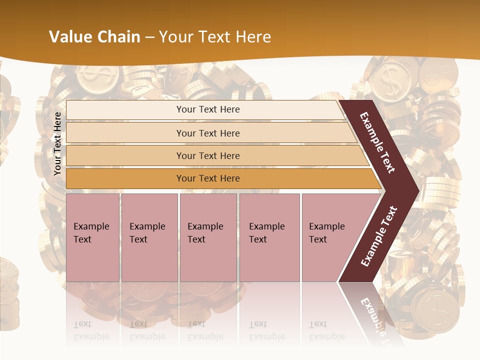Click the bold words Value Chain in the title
[x=94, y=37]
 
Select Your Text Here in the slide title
[x=215, y=37]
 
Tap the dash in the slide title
[x=149, y=37]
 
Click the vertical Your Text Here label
[x=57, y=143]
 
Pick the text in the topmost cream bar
[x=208, y=109]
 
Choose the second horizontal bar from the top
[x=208, y=133]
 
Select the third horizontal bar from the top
[x=208, y=155]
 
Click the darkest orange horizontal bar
[x=208, y=178]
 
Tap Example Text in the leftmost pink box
[x=91, y=233]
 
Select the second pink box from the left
[x=149, y=237]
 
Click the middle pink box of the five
[x=208, y=237]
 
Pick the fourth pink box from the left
[x=269, y=237]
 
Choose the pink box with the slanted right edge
[x=330, y=237]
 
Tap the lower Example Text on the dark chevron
[x=379, y=236]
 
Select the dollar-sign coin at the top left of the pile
[x=93, y=78]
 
